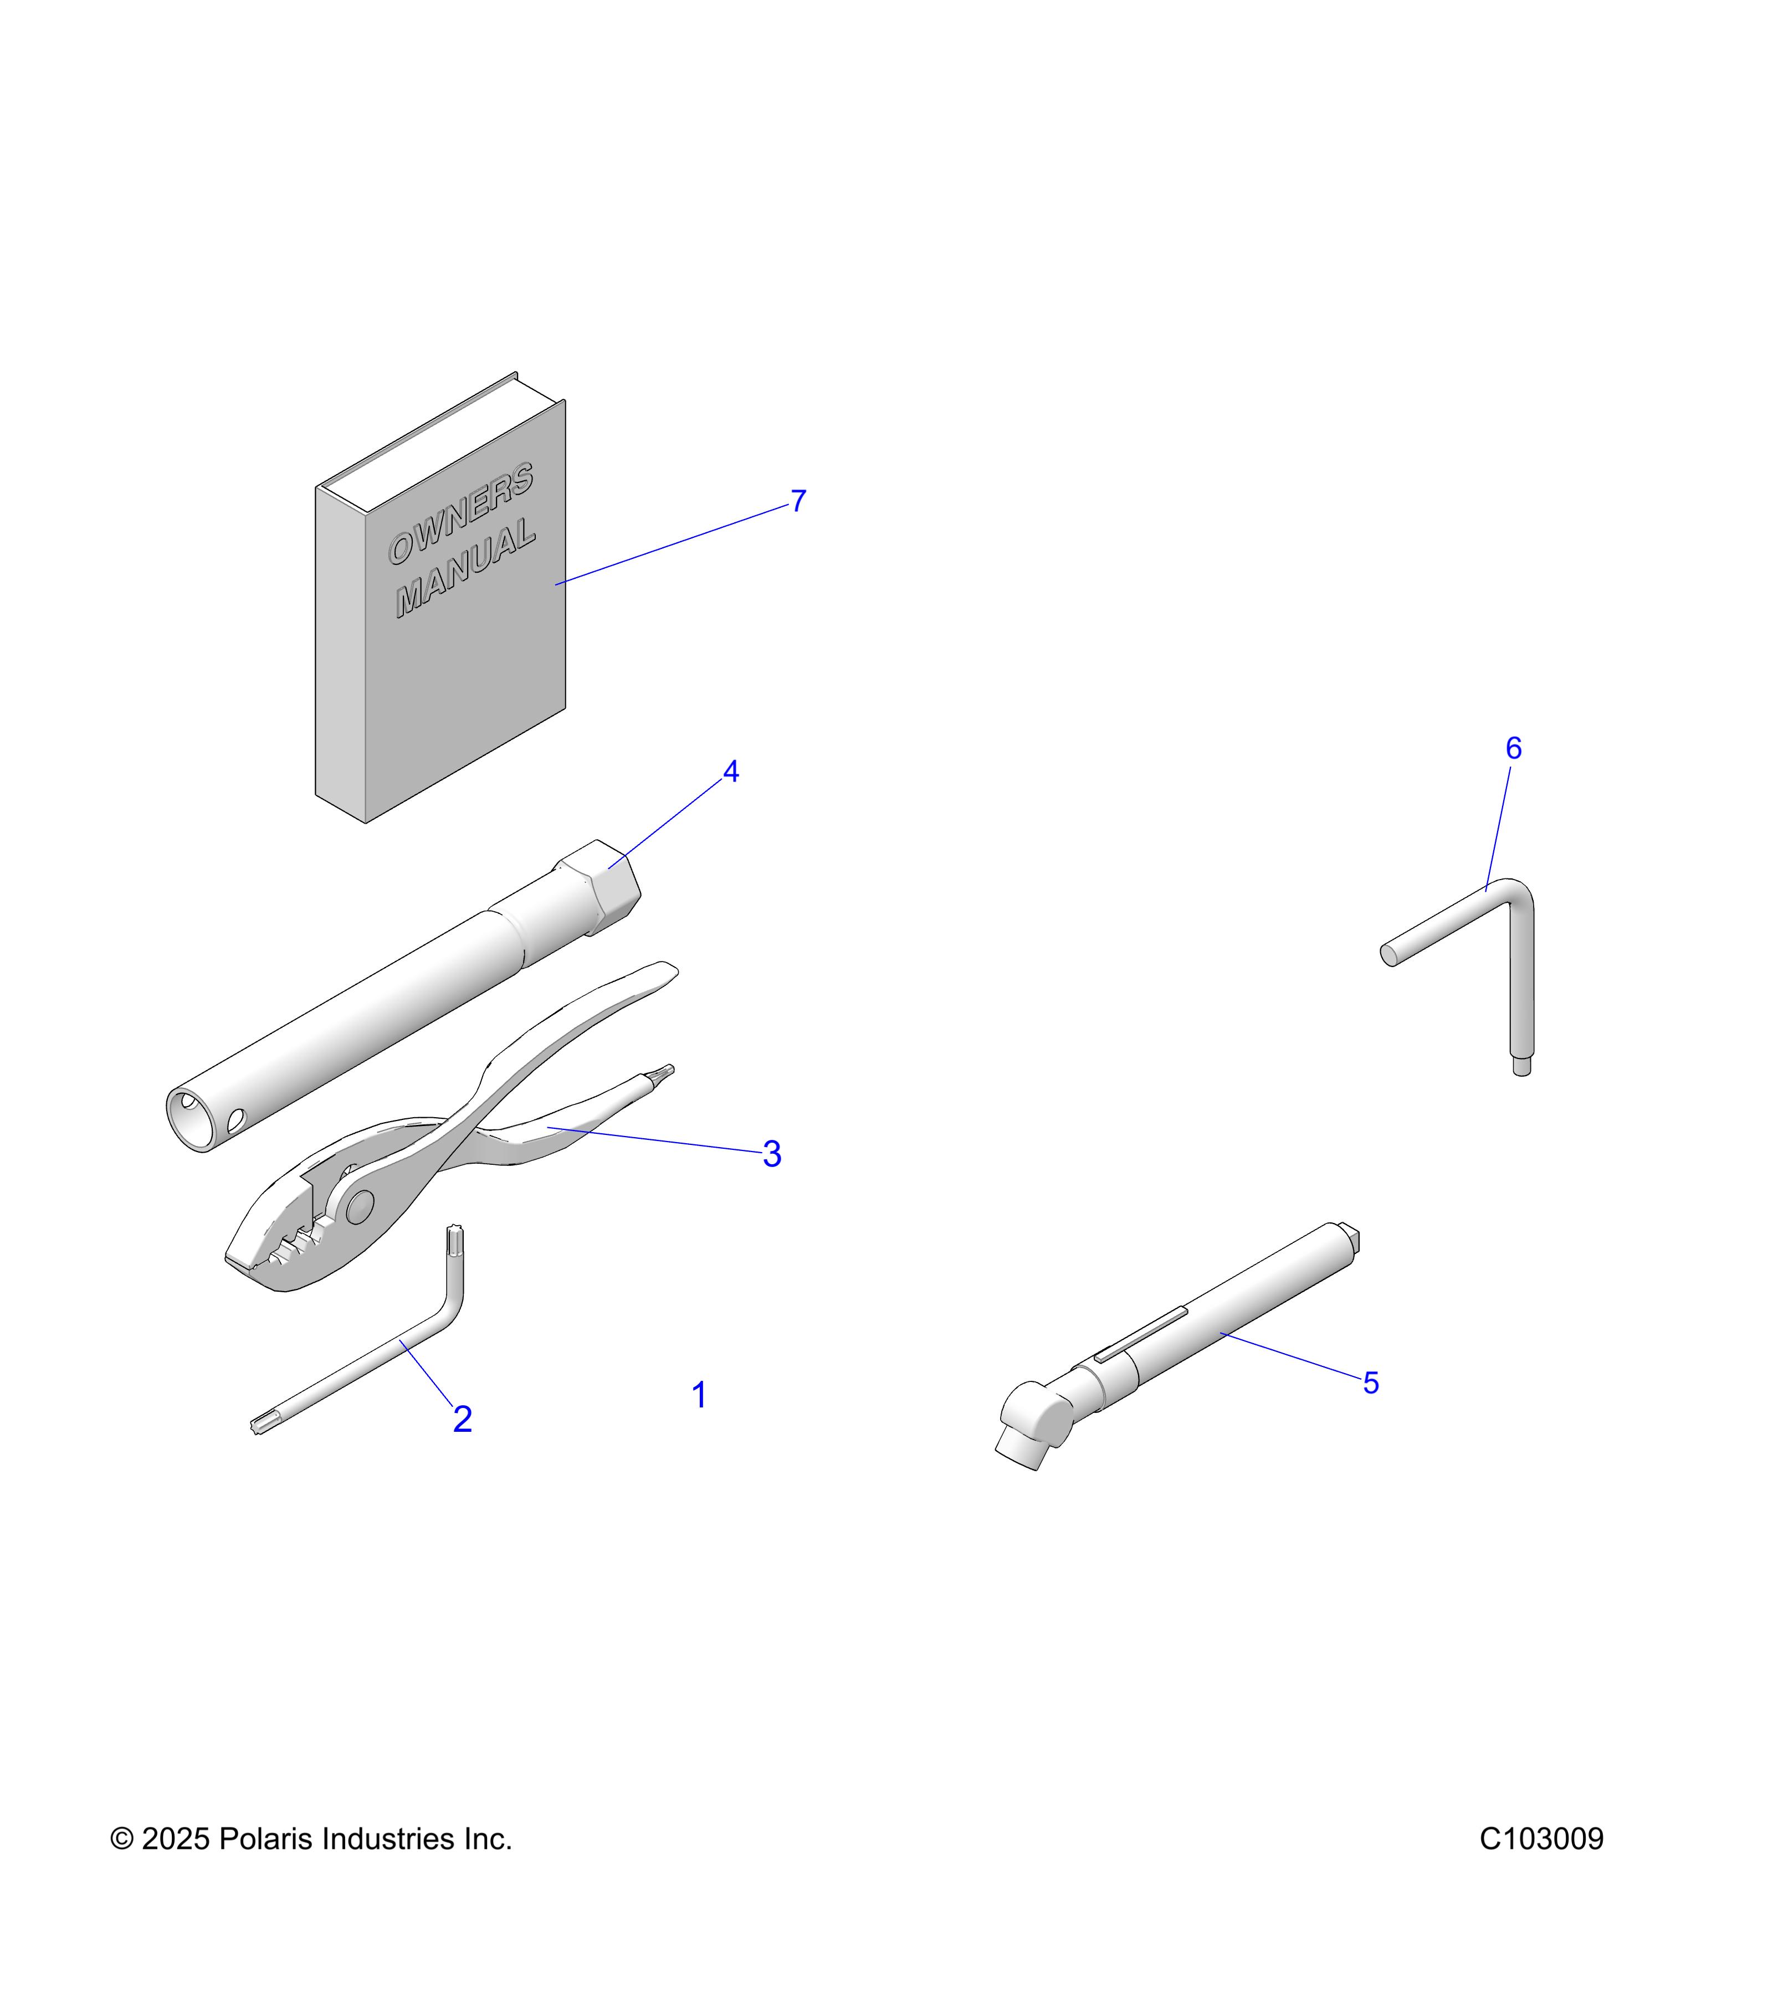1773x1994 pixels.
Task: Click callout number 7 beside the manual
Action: click(x=798, y=501)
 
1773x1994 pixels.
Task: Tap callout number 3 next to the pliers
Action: click(x=772, y=1155)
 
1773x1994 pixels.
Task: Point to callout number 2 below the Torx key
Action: click(x=463, y=1420)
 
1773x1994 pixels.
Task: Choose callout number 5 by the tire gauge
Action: click(x=1371, y=1383)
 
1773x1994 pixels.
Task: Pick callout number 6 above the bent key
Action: click(x=1514, y=748)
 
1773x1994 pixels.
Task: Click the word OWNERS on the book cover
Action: click(x=460, y=514)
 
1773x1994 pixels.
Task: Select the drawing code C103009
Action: click(x=1541, y=1839)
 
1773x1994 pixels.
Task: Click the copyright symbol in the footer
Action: click(x=122, y=1839)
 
